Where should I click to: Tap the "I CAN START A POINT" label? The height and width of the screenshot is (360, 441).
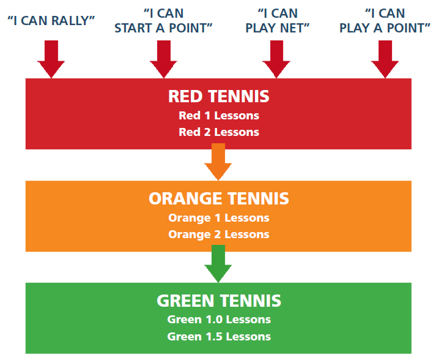tap(163, 20)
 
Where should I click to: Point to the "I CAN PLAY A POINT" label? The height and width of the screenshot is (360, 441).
tap(385, 20)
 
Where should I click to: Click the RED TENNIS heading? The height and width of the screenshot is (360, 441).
tap(218, 97)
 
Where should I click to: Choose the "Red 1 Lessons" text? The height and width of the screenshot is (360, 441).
tap(218, 116)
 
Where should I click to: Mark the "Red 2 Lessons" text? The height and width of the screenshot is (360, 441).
tap(218, 132)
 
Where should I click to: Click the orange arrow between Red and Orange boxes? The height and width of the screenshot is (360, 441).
tap(218, 160)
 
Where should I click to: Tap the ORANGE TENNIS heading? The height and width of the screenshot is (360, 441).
tap(218, 199)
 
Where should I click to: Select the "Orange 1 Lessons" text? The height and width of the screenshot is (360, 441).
tap(218, 218)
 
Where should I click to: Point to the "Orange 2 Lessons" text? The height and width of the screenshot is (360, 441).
tap(218, 234)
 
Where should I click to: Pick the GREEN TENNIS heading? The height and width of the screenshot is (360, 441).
tap(218, 301)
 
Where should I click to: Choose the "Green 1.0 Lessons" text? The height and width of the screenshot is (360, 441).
tap(218, 320)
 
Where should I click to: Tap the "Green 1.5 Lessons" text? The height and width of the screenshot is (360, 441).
tap(218, 336)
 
